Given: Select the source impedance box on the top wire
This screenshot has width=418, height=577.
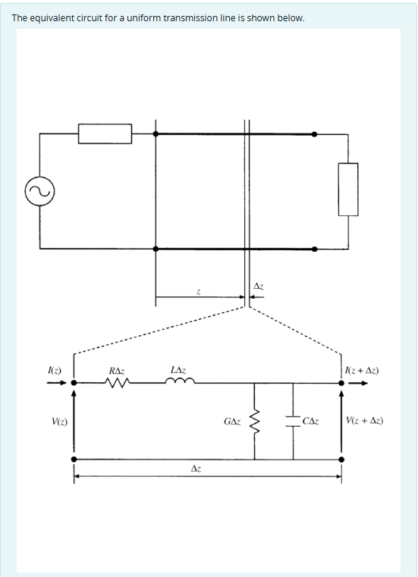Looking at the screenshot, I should (x=105, y=133).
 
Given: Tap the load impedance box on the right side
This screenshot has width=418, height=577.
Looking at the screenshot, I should (x=348, y=190).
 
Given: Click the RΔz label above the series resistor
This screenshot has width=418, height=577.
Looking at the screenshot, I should (x=118, y=371).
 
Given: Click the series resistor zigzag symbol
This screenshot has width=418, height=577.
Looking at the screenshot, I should (x=118, y=384).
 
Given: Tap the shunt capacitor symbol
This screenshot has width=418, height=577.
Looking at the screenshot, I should (x=293, y=420).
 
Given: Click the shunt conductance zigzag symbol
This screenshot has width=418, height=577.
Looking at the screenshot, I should (x=254, y=420).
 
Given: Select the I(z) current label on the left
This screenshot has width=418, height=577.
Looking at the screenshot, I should (x=55, y=371).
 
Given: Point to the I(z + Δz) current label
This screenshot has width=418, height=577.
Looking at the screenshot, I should (x=362, y=371).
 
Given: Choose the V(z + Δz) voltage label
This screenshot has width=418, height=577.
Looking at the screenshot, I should (x=364, y=420).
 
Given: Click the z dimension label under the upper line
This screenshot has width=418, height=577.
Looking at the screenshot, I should (x=199, y=290).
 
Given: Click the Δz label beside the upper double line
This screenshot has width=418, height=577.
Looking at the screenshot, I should (x=259, y=285).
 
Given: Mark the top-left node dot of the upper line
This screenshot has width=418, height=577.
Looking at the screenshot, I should (x=156, y=133).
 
